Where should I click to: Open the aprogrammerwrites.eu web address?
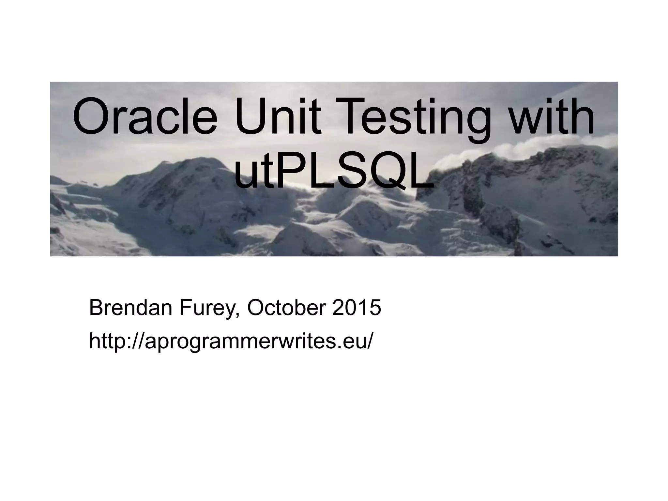[230, 342]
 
